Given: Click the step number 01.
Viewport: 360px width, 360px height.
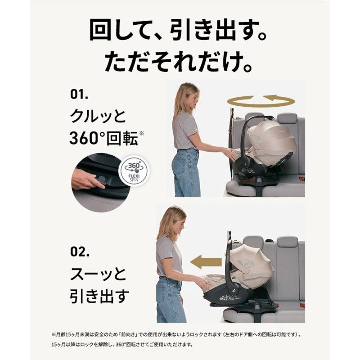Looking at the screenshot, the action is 79,94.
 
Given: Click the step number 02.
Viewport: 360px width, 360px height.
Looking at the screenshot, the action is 80,252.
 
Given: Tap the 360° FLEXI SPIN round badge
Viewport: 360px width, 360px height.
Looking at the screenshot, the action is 134,170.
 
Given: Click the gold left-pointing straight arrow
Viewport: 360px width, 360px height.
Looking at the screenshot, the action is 206,262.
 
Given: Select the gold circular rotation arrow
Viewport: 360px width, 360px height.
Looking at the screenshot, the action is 261,101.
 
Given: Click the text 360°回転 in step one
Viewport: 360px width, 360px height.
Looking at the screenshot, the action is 103,138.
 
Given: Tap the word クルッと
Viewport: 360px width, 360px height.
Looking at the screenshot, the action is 98,116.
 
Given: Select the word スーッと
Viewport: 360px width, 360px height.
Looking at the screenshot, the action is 98,274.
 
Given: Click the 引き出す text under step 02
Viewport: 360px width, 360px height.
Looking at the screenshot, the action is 99,296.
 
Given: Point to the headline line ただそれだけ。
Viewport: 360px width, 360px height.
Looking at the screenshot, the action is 179,61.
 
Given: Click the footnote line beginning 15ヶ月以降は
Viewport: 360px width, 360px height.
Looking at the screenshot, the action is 122,344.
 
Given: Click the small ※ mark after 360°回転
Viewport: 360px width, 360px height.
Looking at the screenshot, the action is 141,133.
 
